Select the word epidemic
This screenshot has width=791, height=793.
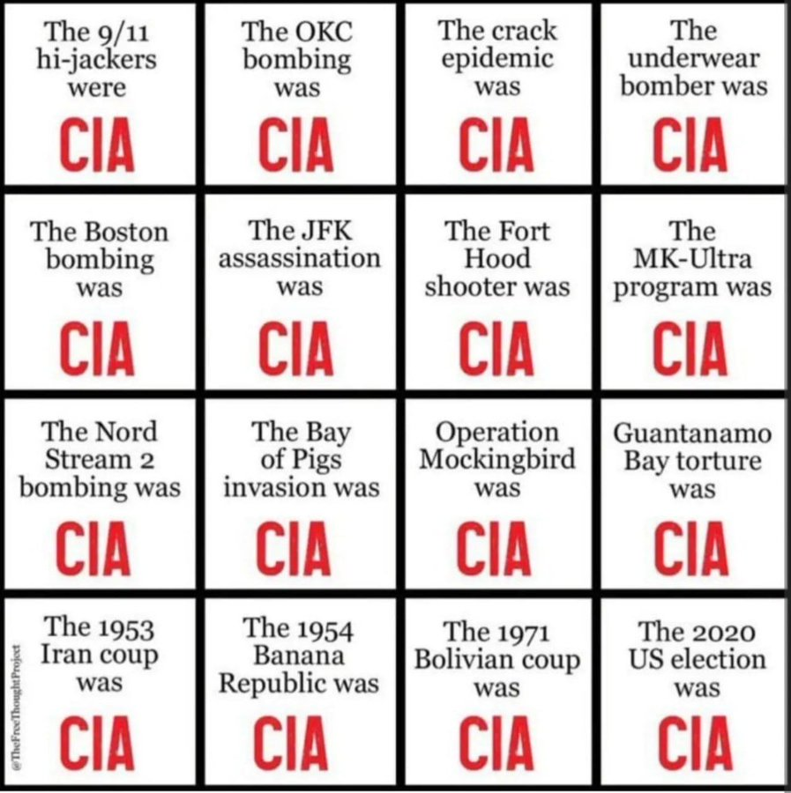[498, 59]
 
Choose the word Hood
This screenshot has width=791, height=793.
[498, 259]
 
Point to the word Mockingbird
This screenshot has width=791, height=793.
[497, 460]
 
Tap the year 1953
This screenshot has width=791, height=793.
[126, 629]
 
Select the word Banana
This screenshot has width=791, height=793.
[300, 656]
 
